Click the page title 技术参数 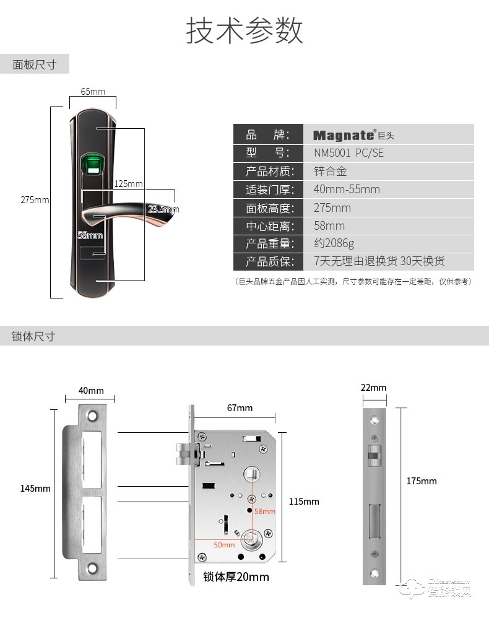(244, 30)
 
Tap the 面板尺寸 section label (35, 64)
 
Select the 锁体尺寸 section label (34, 336)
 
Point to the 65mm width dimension (93, 92)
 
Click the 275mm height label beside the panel (35, 200)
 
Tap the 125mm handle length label (128, 184)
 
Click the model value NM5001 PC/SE (348, 153)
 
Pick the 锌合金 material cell (331, 171)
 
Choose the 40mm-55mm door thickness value (347, 189)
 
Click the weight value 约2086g (334, 243)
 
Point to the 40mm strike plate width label (91, 391)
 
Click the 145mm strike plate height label (35, 489)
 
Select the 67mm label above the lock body (240, 407)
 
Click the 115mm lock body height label (304, 501)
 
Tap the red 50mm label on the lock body (224, 545)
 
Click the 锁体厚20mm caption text (236, 577)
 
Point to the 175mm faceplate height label (422, 481)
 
